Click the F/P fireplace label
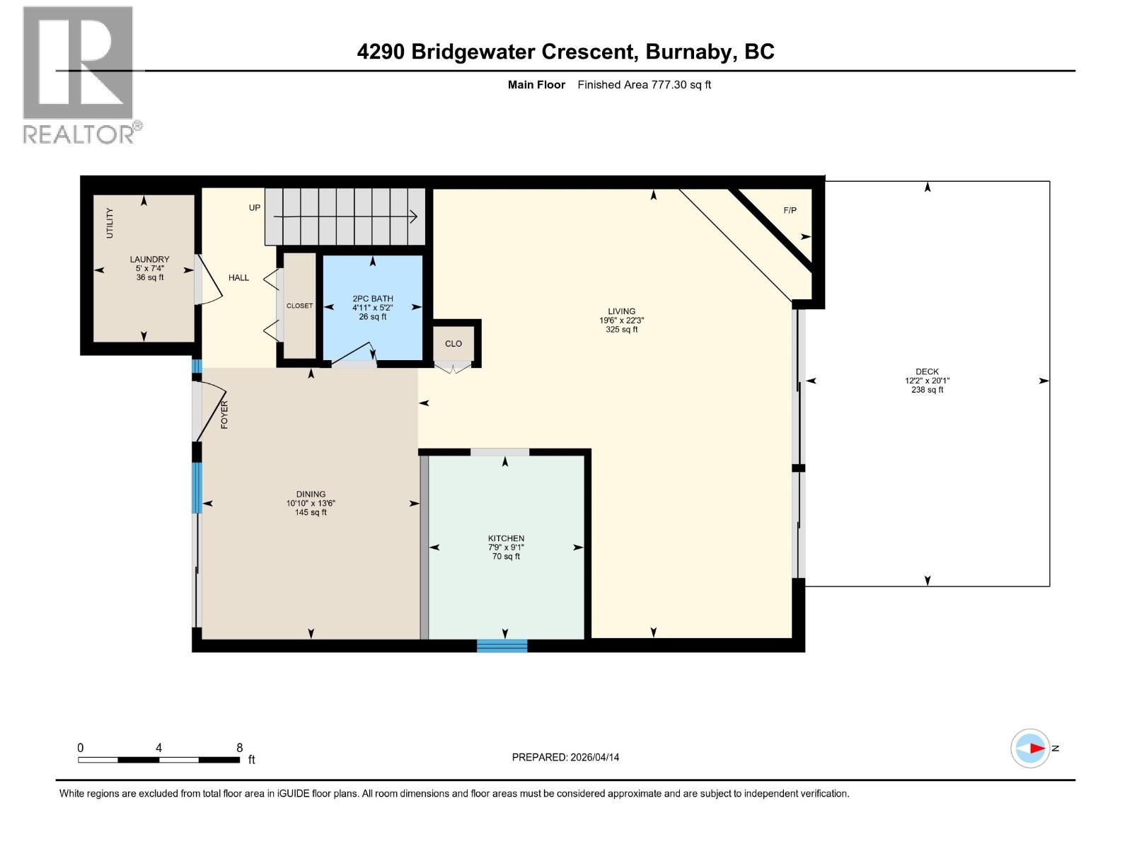(790, 210)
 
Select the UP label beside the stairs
(255, 208)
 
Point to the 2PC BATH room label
(372, 299)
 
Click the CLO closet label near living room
(454, 344)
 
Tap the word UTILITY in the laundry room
(110, 223)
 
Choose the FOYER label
(224, 415)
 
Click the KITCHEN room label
(506, 538)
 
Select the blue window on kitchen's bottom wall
(502, 646)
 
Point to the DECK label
(927, 371)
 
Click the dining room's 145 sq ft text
(311, 512)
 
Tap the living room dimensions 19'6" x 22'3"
(621, 320)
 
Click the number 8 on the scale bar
(239, 747)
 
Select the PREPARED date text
(565, 757)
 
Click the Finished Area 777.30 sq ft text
(644, 85)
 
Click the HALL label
(238, 278)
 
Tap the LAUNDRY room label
(149, 259)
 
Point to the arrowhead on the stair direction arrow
(414, 216)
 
